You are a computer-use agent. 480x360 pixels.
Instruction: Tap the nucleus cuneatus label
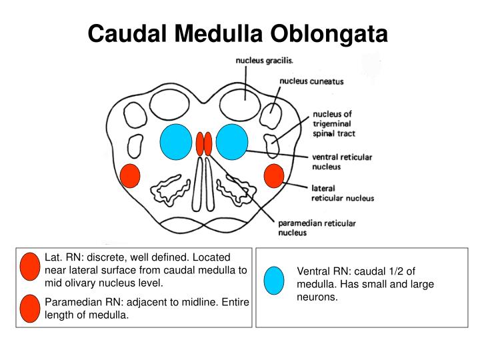point(312,82)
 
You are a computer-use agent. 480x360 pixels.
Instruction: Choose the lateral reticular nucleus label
point(343,193)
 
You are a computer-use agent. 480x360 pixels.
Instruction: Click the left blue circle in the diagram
point(176,142)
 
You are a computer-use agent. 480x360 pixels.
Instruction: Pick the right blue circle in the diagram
point(232,142)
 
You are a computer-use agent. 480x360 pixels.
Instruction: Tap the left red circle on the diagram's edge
point(130,176)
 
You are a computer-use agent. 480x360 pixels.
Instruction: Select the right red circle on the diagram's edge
point(274,176)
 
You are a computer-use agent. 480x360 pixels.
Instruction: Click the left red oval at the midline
point(199,143)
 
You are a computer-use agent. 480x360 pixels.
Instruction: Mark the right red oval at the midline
point(208,143)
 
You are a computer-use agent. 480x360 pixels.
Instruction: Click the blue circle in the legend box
point(274,280)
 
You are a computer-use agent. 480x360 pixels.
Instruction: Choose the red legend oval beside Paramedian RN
point(31,308)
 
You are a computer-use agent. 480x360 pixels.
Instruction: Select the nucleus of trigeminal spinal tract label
point(333,123)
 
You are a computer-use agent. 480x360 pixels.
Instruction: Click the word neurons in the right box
point(317,297)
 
